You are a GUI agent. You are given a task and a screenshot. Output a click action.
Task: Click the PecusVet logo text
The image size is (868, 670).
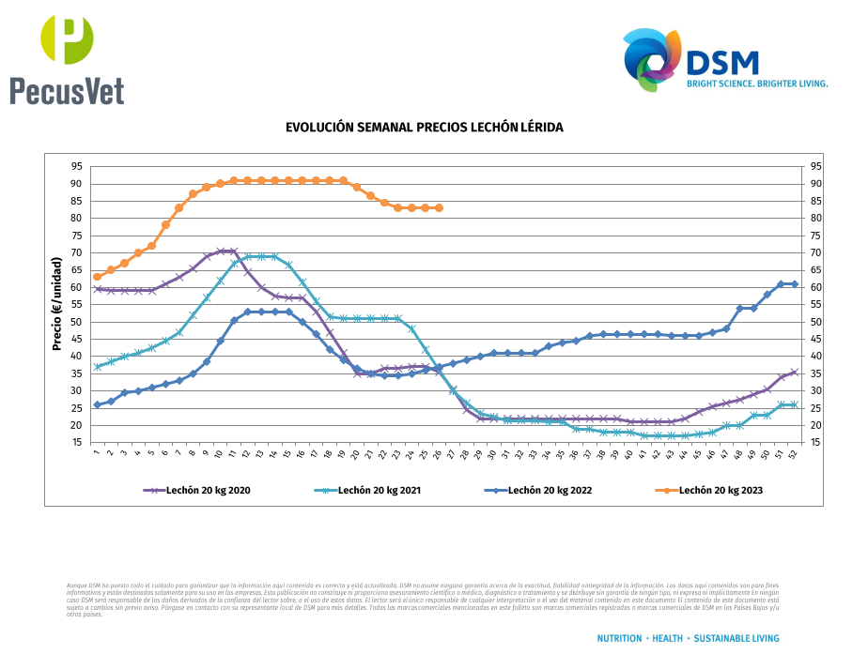pos(67,90)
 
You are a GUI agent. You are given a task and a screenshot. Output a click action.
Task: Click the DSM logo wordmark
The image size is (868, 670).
pos(722,62)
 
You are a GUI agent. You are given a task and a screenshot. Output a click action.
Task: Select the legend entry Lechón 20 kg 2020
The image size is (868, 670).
pos(208,490)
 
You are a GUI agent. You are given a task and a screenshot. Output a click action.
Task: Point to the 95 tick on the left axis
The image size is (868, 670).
pos(75,166)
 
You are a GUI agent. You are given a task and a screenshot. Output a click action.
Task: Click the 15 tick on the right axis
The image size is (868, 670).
pos(815,443)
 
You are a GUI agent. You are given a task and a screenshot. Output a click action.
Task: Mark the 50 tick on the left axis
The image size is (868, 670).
pos(75,322)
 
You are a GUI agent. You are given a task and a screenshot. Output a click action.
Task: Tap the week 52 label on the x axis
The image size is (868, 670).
pos(795,455)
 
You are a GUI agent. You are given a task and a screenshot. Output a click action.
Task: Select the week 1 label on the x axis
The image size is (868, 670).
pos(96,454)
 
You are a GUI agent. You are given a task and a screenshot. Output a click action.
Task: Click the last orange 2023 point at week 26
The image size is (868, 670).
pos(439,207)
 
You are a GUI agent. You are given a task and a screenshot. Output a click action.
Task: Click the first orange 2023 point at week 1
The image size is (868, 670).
pos(97,277)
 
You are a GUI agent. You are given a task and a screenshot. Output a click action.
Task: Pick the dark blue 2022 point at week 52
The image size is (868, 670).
pos(795,283)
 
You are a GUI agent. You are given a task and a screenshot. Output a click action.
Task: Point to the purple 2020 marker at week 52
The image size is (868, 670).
pos(795,373)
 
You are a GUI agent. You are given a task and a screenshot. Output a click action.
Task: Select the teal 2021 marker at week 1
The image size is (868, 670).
pos(97,367)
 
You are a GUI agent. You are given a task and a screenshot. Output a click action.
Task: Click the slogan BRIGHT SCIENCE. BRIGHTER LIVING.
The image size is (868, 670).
pos(757,84)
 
